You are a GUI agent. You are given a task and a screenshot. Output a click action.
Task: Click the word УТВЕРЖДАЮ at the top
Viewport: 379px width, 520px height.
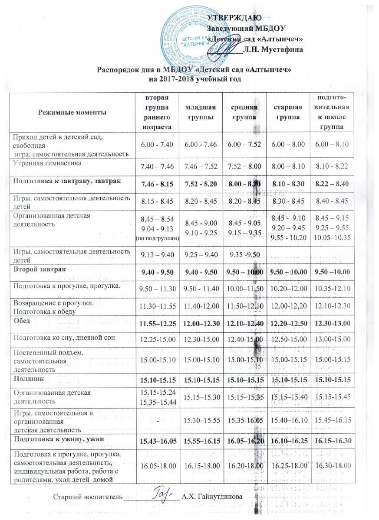(x=238, y=18)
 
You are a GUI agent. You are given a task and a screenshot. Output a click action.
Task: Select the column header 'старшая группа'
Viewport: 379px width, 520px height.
(x=286, y=112)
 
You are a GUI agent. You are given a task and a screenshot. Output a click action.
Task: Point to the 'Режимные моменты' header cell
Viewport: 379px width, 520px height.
(x=72, y=112)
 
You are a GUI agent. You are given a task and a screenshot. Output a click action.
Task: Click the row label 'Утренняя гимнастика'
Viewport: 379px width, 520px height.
(x=43, y=163)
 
